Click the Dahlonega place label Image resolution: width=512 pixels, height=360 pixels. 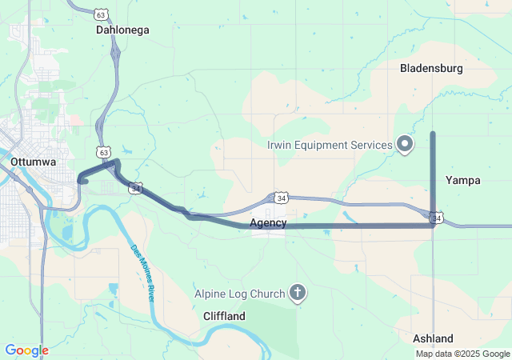(122, 30)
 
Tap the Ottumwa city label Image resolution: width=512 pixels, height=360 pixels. (34, 162)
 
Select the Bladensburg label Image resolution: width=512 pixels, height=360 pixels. (431, 69)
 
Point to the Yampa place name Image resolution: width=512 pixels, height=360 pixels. (463, 180)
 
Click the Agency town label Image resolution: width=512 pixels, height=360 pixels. (268, 222)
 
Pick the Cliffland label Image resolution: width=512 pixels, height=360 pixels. (224, 316)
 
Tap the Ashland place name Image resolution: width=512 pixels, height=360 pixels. (433, 338)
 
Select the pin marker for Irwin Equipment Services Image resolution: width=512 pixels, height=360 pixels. (405, 144)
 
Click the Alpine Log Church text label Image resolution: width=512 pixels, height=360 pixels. (239, 293)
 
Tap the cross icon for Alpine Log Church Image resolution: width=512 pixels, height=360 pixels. (297, 293)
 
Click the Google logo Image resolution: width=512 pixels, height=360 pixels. (26, 350)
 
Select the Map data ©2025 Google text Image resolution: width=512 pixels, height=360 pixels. (462, 354)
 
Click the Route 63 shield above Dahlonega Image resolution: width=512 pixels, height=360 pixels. (100, 14)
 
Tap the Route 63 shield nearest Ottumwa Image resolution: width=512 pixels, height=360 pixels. (104, 151)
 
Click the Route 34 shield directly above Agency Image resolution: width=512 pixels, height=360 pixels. (280, 197)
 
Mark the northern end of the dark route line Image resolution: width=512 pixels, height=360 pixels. (433, 134)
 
